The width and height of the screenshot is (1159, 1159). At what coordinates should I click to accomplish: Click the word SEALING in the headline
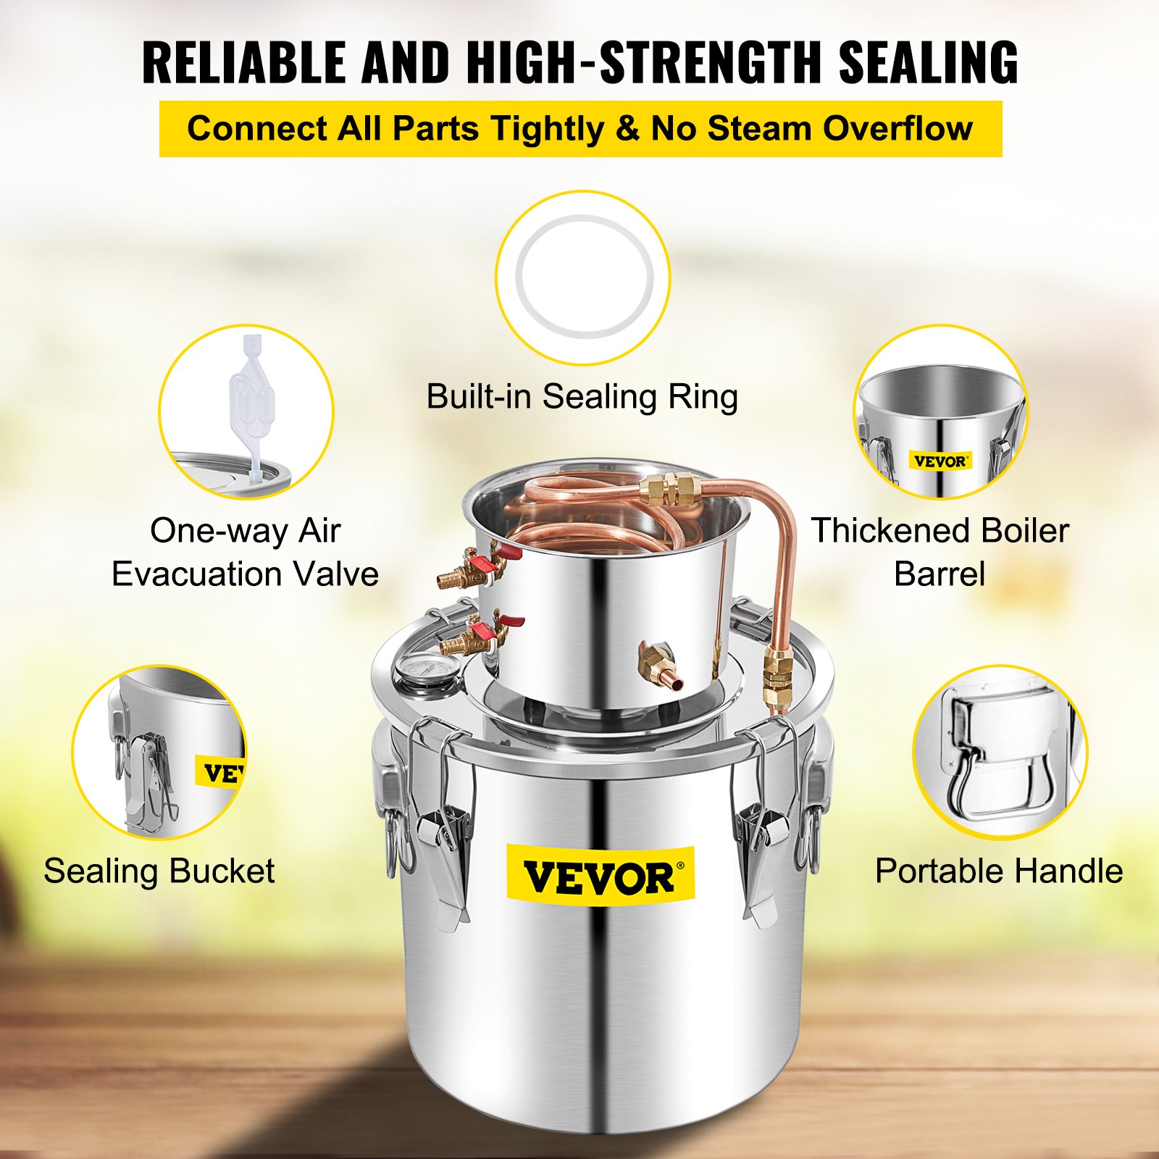click(x=929, y=62)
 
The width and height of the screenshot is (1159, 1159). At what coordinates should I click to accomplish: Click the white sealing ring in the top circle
click(x=584, y=277)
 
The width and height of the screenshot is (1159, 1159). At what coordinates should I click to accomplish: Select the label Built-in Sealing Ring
click(x=582, y=397)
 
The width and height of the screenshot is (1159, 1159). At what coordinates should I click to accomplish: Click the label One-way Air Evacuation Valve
click(x=245, y=552)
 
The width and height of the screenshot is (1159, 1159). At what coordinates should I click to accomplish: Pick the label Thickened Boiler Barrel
click(x=940, y=552)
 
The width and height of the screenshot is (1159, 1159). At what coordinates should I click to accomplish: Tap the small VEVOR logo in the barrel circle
click(x=940, y=461)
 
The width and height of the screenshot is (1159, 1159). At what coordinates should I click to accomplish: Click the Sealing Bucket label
click(x=159, y=871)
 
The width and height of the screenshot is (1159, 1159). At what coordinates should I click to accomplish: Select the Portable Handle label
click(x=999, y=871)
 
